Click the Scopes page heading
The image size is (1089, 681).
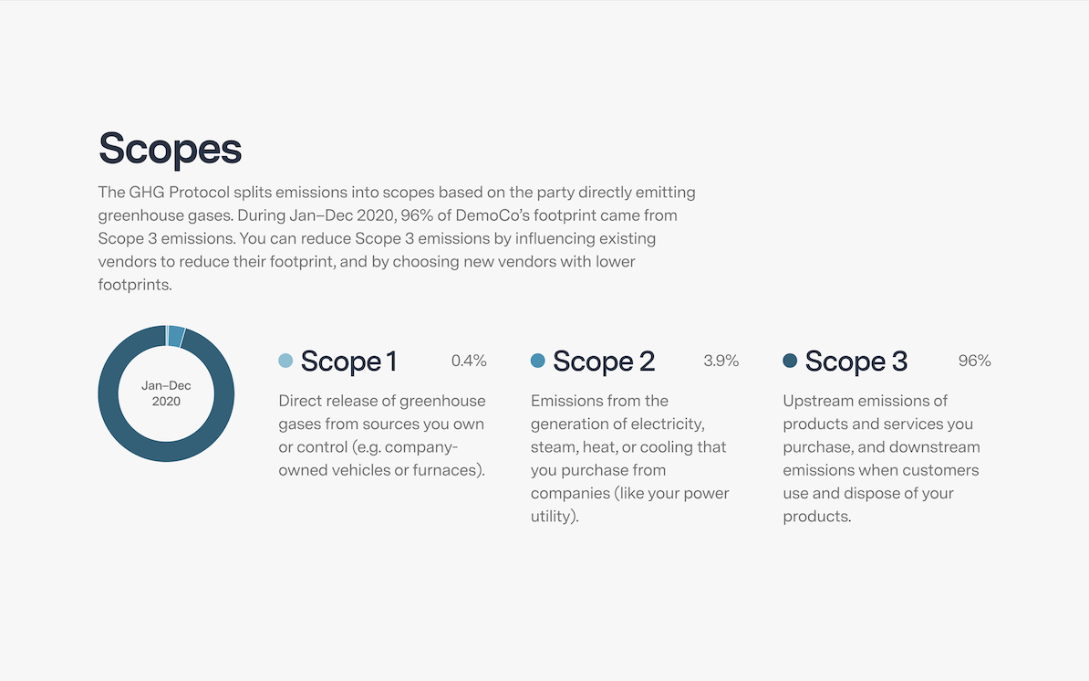[x=171, y=148]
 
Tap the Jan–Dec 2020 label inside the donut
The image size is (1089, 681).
[x=166, y=393]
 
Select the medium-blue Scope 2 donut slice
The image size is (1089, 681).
[x=176, y=336]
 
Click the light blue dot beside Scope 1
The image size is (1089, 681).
[x=285, y=361]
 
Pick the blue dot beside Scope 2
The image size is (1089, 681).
[x=537, y=361]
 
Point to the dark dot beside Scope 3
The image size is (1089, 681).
[x=790, y=361]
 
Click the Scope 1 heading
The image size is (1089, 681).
[x=348, y=361]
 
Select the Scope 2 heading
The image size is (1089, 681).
[x=604, y=361]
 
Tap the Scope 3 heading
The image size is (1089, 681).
[x=856, y=361]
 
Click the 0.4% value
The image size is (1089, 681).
[x=469, y=361]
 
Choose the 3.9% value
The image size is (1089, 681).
[x=721, y=361]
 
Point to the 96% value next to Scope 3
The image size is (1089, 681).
[x=974, y=361]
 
